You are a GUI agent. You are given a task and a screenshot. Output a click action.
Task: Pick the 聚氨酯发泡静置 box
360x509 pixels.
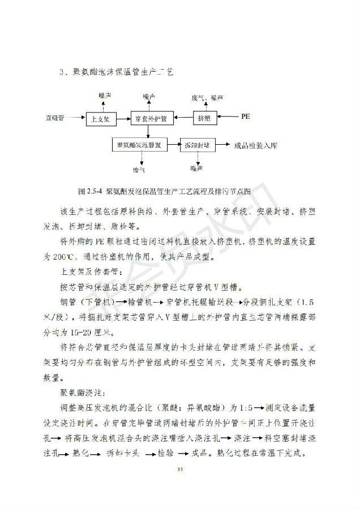139,145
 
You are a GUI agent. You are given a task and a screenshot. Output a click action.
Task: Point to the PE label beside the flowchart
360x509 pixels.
245,117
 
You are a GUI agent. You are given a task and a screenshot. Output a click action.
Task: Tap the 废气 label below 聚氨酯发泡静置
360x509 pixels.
139,168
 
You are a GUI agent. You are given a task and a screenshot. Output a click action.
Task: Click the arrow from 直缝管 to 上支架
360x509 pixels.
76,118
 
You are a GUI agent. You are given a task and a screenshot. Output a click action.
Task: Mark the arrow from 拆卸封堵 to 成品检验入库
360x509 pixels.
221,145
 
